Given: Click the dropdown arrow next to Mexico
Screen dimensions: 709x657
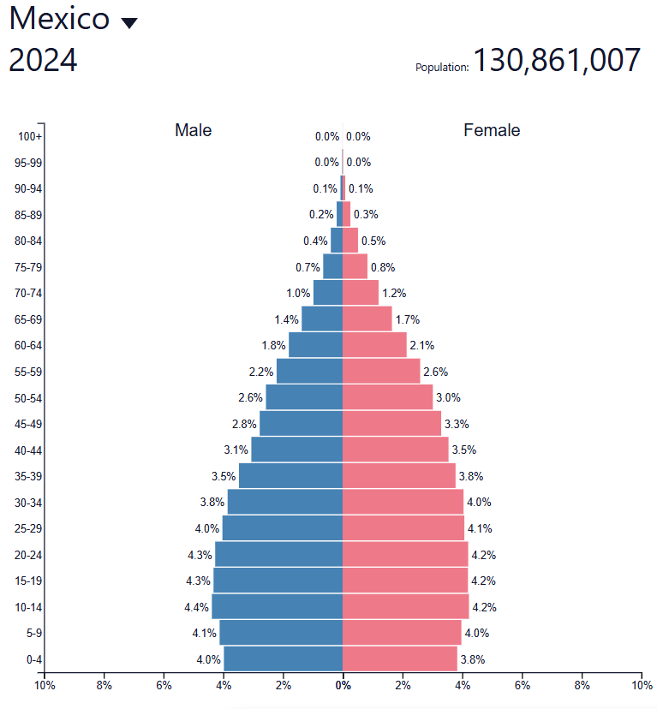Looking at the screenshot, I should pos(129,23).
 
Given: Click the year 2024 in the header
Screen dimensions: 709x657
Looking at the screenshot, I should pos(43,61).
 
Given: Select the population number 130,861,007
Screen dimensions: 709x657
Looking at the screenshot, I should pos(557,61).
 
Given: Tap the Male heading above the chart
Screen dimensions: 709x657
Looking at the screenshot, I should pos(193,130).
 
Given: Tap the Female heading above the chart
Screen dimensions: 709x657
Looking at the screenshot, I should pos(492,130).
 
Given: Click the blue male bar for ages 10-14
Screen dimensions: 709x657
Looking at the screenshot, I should pos(277,606).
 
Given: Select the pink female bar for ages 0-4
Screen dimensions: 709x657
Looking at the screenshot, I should pos(400,658).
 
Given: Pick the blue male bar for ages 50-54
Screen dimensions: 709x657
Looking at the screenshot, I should pos(304,397).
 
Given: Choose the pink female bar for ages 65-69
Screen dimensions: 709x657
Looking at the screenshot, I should pos(367,319).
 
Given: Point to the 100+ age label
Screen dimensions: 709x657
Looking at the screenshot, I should pos(30,137).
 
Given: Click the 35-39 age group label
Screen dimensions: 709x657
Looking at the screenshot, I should pos(28,476).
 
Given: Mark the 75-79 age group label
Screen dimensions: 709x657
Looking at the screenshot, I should pos(28,267).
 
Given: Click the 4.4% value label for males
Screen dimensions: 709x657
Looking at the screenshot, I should pos(197,607).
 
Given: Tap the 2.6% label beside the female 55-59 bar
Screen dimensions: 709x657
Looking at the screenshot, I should pos(435,372).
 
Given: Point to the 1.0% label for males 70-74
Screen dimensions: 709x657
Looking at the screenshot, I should pos(298,293).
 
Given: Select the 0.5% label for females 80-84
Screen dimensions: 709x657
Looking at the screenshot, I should pos(373,241).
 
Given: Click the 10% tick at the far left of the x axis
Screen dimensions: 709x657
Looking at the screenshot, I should pos(45,685).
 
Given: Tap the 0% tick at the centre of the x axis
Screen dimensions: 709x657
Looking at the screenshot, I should pos(343,685).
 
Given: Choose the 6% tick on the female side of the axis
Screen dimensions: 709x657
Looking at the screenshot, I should pos(523,685).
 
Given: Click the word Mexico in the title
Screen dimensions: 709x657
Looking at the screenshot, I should pos(60,19).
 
